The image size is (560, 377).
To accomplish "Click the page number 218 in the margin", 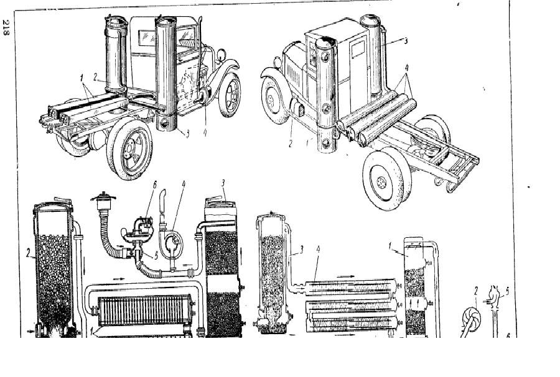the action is [6, 27].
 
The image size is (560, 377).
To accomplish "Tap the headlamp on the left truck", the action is [221, 55].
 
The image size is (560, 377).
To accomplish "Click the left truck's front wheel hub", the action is [233, 95].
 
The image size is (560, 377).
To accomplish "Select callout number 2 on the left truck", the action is [95, 77].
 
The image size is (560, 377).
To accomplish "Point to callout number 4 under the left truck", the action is [205, 132].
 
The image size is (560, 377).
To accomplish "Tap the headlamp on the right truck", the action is [278, 62].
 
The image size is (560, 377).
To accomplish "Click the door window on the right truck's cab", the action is [358, 49].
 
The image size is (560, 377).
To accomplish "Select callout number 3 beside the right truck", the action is [405, 41].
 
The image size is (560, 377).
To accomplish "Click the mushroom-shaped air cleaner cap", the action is [103, 198].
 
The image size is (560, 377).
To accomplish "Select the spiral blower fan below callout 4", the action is [171, 245].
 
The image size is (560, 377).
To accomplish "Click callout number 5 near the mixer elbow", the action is [156, 255].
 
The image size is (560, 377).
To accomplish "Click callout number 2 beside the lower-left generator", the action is [27, 253].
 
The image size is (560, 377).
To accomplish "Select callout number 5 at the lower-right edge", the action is [507, 291].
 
